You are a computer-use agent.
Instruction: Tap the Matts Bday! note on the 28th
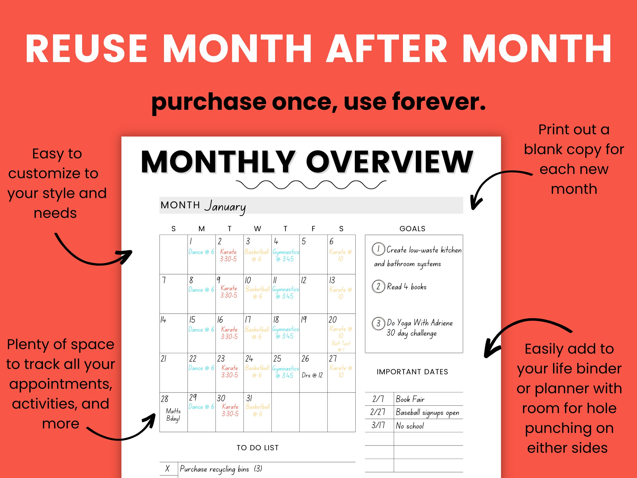[x=173, y=415]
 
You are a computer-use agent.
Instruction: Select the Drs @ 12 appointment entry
[x=312, y=375]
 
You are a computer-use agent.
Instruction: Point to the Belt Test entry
[x=341, y=346]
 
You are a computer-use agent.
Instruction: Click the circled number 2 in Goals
[x=378, y=286]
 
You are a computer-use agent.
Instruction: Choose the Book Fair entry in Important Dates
[x=410, y=399]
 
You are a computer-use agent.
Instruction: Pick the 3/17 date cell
[x=378, y=425]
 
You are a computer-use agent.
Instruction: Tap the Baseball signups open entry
[x=427, y=413]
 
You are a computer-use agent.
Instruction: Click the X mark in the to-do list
[x=167, y=469]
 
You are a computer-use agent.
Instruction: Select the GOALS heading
[x=412, y=229]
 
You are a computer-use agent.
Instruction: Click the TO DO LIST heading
[x=257, y=448]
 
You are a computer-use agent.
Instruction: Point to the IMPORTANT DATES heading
[x=412, y=372]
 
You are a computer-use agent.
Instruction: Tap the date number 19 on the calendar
[x=304, y=320]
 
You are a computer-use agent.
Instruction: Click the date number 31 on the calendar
[x=249, y=398]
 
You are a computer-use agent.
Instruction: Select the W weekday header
[x=257, y=229]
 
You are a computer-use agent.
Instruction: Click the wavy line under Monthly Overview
[x=311, y=185]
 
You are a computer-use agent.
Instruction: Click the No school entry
[x=410, y=426]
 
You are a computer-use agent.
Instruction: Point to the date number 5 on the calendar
[x=304, y=241]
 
